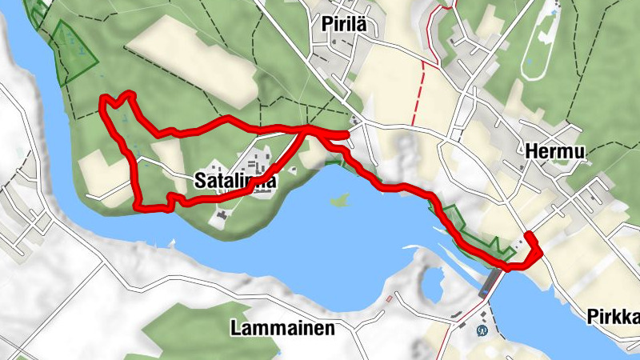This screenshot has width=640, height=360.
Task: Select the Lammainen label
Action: tap(282, 328)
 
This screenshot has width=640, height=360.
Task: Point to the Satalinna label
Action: tap(234, 182)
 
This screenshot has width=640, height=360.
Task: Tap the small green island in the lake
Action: tap(340, 199)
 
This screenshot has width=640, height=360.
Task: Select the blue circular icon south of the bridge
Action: tap(482, 330)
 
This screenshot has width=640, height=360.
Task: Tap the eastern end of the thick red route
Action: tap(530, 235)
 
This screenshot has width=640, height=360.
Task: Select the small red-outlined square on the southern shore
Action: tap(390, 298)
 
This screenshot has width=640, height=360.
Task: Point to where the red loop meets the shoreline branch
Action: tap(308, 130)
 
